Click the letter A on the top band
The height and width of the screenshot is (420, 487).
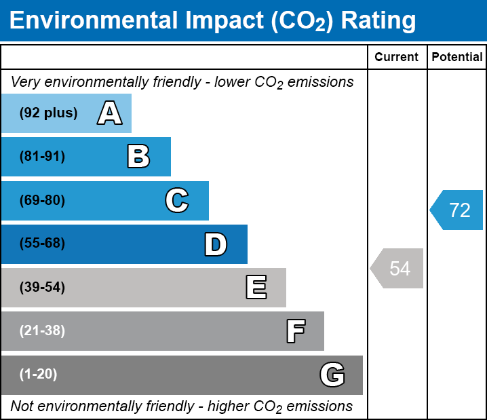click(110, 113)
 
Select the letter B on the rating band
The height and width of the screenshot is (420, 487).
click(138, 157)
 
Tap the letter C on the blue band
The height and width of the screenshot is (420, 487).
click(177, 201)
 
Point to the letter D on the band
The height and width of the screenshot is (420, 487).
click(216, 244)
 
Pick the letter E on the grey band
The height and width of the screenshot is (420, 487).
click(256, 288)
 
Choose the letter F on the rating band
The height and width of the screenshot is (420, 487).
click(295, 331)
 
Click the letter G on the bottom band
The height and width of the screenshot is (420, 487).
click(332, 375)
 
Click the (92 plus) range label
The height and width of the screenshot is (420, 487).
click(48, 113)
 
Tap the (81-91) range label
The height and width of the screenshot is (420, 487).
click(42, 157)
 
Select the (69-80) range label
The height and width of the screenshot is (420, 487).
click(42, 201)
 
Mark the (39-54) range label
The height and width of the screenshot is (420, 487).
click(42, 288)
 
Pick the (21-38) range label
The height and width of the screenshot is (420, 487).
click(42, 331)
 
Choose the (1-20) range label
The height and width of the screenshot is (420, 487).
click(39, 375)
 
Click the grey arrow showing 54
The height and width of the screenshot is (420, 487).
click(398, 269)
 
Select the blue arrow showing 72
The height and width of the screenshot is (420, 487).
click(458, 210)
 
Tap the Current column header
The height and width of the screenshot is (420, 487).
click(397, 58)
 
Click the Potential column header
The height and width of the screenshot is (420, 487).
click(457, 58)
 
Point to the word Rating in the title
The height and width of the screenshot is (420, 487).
click(378, 21)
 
